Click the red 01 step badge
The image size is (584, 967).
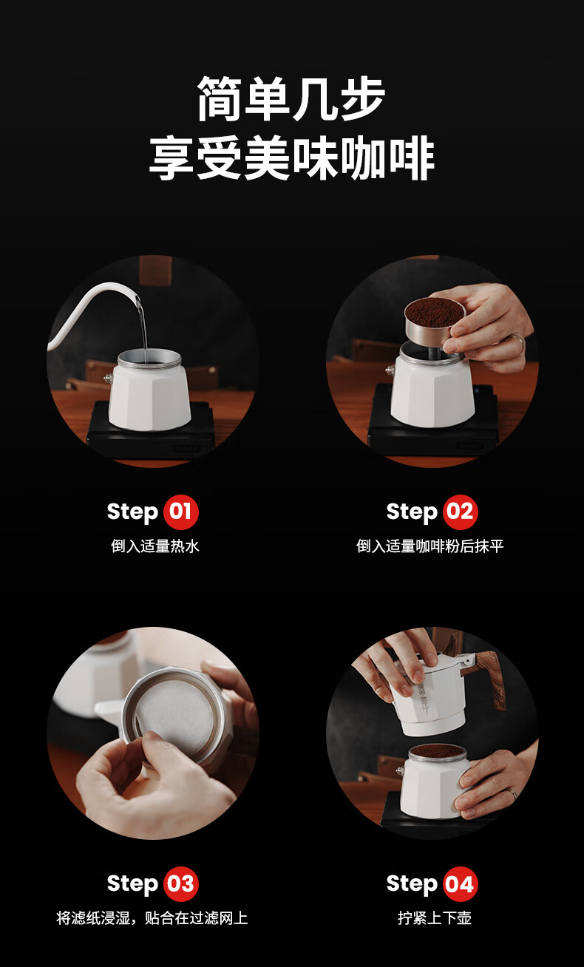coord(181,512)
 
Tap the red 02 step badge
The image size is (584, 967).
coord(460,512)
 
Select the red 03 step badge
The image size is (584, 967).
coord(181,883)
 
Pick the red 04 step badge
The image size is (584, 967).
coord(460,883)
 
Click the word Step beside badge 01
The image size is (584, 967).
coord(132,512)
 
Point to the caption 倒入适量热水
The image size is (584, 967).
coord(155,546)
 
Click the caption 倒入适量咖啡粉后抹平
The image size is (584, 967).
coord(430,546)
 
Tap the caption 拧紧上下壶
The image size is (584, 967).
coord(434,917)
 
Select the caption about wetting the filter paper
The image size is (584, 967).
coord(152,917)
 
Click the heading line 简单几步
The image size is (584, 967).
coord(291,99)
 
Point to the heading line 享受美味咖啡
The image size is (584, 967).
coord(291,157)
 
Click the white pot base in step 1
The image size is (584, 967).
coord(149,397)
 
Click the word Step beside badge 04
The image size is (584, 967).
coord(412,884)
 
